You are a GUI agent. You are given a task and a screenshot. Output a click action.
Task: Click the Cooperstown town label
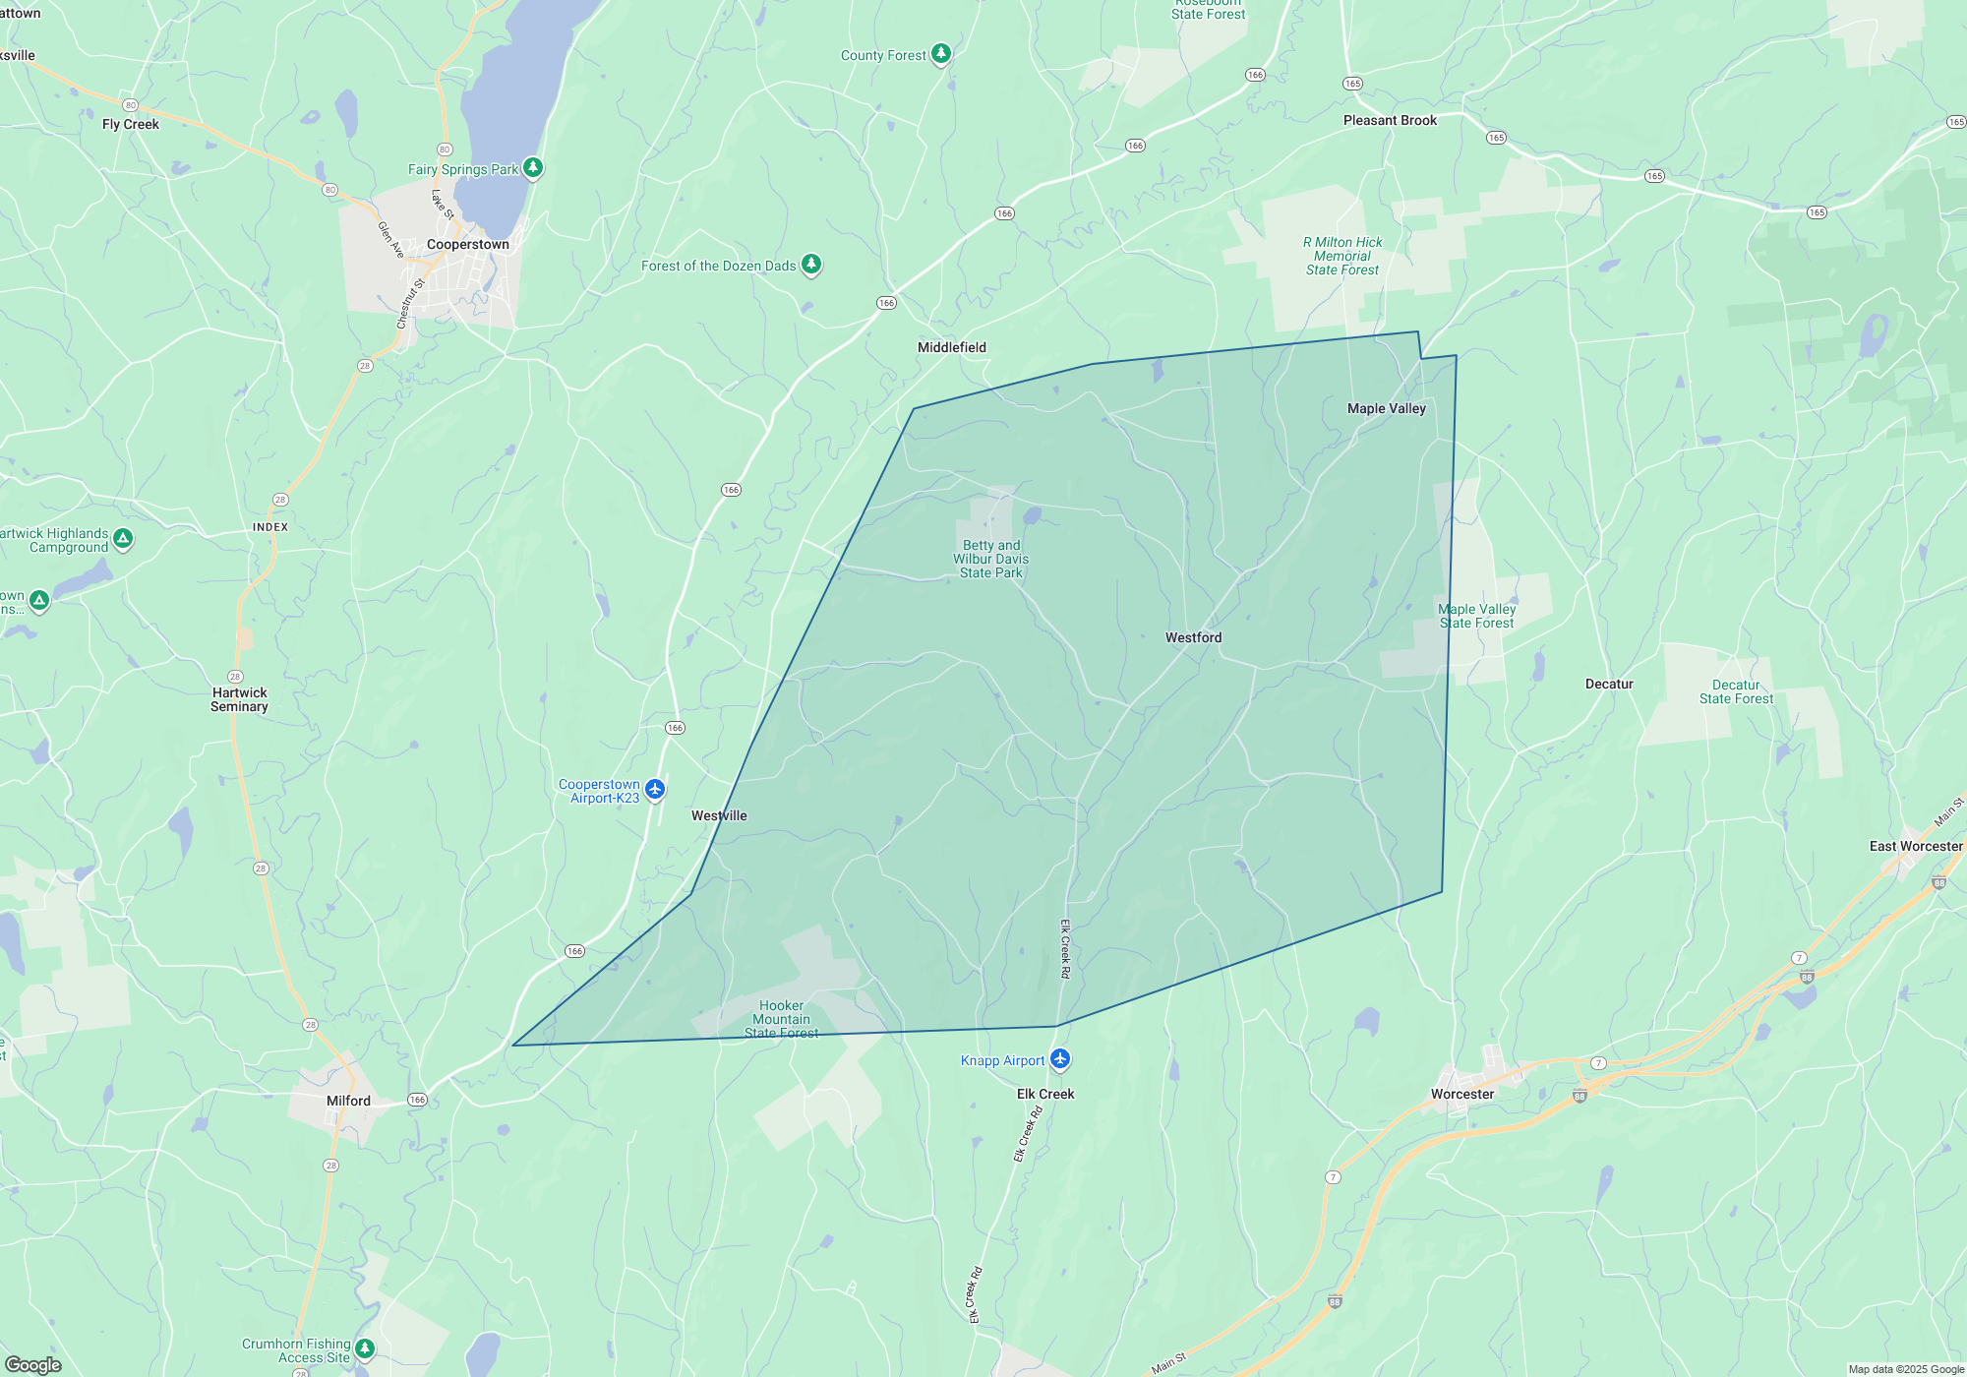click(468, 244)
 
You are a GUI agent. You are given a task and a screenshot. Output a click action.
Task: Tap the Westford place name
click(1193, 637)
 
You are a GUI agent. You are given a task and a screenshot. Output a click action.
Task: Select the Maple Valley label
click(1386, 408)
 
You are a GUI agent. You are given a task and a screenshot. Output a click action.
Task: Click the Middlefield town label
click(951, 347)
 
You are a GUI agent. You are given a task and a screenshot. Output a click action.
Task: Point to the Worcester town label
click(1461, 1094)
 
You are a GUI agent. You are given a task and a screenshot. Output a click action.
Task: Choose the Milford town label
click(348, 1101)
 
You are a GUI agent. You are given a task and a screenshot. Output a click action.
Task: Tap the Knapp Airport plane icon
click(1059, 1059)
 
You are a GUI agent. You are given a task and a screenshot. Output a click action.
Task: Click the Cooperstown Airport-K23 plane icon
click(655, 789)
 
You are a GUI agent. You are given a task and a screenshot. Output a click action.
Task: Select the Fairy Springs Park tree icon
click(532, 168)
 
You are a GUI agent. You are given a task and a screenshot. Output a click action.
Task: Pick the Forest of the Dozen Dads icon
click(810, 265)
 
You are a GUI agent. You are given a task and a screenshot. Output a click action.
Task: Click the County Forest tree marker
click(940, 53)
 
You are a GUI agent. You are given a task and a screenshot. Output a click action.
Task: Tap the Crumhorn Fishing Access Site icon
click(364, 1348)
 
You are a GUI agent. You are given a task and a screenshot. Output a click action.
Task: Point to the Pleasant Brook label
click(1390, 120)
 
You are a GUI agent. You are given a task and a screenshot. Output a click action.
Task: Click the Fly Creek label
click(131, 124)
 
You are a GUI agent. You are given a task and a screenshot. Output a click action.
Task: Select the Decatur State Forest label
click(1736, 691)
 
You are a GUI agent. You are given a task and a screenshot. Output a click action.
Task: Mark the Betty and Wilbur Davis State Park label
click(990, 559)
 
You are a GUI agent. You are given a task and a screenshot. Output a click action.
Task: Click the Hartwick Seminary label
click(239, 699)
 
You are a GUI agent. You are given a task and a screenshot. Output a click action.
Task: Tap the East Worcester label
click(1915, 846)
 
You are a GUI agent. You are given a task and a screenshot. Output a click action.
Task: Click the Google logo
click(33, 1364)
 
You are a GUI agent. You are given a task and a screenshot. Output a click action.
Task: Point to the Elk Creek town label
click(1044, 1094)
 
